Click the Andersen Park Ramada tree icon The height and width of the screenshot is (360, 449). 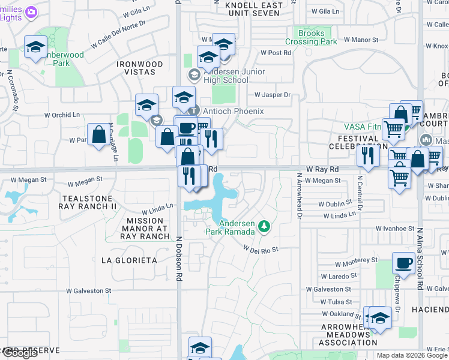pyautogui.click(x=264, y=227)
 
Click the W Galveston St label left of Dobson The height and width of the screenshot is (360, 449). pyautogui.click(x=89, y=290)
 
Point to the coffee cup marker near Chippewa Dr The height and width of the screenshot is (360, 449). pyautogui.click(x=403, y=263)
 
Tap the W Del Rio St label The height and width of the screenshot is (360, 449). pyautogui.click(x=261, y=249)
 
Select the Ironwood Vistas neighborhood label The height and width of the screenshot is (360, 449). pyautogui.click(x=140, y=68)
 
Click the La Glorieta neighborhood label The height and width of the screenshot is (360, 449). pyautogui.click(x=129, y=260)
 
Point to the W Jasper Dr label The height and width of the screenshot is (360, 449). pyautogui.click(x=272, y=95)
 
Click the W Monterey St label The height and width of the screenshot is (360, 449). pyautogui.click(x=357, y=262)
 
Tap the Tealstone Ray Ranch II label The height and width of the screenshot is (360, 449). pyautogui.click(x=88, y=202)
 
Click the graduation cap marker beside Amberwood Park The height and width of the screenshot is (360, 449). pyautogui.click(x=35, y=47)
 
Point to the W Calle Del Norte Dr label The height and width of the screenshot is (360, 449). pyautogui.click(x=113, y=38)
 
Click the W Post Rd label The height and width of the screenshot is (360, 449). pyautogui.click(x=276, y=53)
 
